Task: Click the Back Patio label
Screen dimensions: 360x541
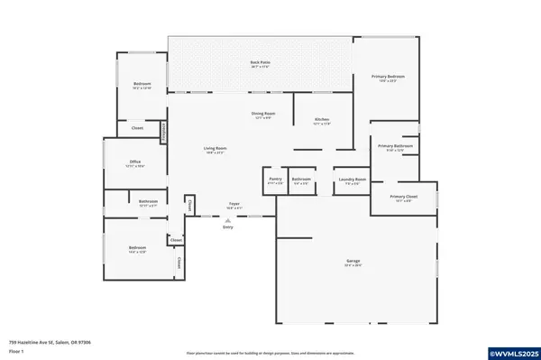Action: [260, 62]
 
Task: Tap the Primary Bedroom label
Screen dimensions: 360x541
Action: [389, 77]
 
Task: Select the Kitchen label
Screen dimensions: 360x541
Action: [321, 120]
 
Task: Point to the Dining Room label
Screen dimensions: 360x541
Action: [263, 114]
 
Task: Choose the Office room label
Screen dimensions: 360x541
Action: [135, 162]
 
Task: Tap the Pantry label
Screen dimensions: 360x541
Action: [276, 180]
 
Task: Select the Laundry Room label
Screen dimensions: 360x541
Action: [352, 180]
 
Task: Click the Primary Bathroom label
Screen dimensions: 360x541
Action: [395, 146]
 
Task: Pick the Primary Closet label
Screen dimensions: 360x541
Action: [402, 197]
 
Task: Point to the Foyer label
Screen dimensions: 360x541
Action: [234, 205]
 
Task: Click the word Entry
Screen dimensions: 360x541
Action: [227, 226]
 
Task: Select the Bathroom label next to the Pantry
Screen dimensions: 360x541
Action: [301, 180]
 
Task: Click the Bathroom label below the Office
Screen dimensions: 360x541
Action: [148, 201]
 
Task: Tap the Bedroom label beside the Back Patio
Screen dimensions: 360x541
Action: [142, 85]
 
